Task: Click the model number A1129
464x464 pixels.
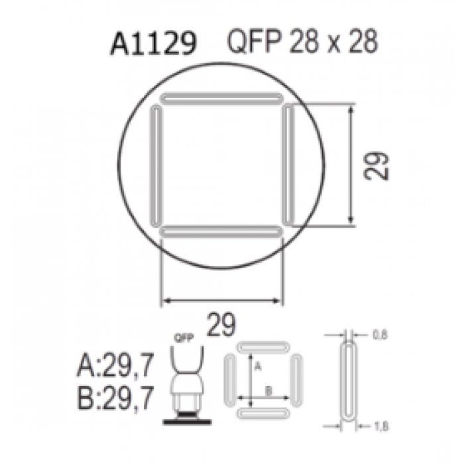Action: pyautogui.click(x=153, y=44)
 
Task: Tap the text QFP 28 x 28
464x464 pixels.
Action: pyautogui.click(x=302, y=41)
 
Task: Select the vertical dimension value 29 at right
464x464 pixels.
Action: pyautogui.click(x=376, y=166)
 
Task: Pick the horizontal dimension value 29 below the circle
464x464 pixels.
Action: pyautogui.click(x=221, y=324)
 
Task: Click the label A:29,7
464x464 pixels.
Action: pyautogui.click(x=115, y=365)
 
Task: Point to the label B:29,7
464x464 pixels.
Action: pyautogui.click(x=115, y=398)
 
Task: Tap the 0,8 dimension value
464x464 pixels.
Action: pyautogui.click(x=380, y=335)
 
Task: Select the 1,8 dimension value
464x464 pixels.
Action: pyautogui.click(x=381, y=426)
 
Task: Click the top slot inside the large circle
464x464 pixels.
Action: pyautogui.click(x=221, y=98)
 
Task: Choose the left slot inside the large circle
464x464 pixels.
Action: pyautogui.click(x=156, y=166)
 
